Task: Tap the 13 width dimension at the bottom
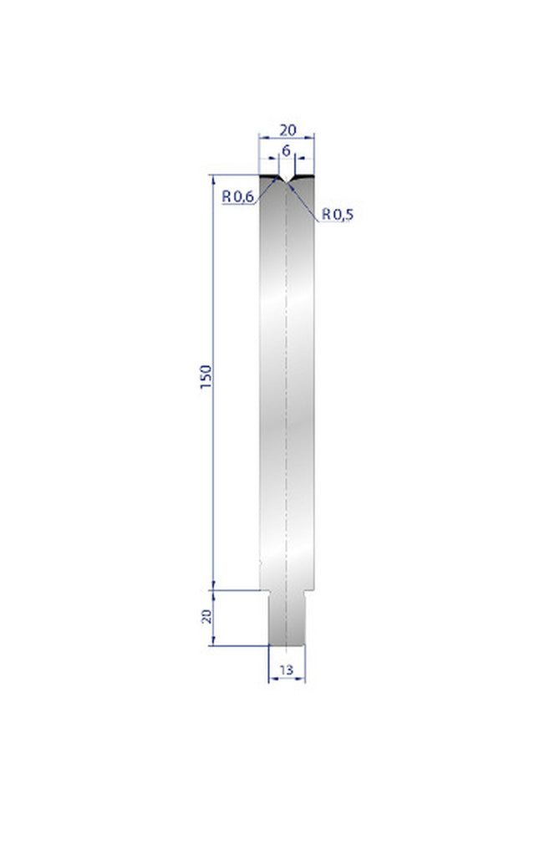(287, 670)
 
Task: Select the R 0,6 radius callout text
(237, 196)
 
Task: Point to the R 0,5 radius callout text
(338, 215)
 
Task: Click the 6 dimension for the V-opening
(287, 150)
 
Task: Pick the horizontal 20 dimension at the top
(287, 130)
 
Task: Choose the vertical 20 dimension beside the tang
(206, 617)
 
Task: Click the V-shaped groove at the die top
(287, 181)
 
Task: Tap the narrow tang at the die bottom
(287, 619)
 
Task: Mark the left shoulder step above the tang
(264, 590)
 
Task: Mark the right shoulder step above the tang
(310, 590)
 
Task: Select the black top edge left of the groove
(269, 176)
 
